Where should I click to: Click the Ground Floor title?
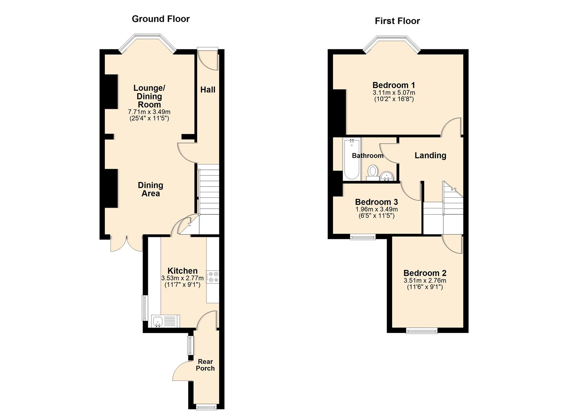click(x=161, y=19)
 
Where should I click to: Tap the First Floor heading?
click(x=397, y=21)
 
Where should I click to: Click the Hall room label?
click(x=208, y=90)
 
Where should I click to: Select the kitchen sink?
click(x=166, y=321)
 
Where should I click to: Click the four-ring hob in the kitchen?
click(x=213, y=277)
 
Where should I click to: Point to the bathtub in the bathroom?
click(x=352, y=159)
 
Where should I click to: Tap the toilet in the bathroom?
click(x=372, y=172)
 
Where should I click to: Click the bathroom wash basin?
click(x=387, y=176)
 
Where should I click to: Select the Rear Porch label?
click(x=205, y=365)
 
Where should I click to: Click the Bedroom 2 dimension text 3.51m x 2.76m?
click(x=425, y=280)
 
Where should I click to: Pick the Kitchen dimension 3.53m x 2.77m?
click(x=182, y=278)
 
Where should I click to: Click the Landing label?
click(x=430, y=155)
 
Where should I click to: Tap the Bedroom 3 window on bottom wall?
click(x=363, y=237)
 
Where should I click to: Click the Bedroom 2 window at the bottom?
click(x=422, y=331)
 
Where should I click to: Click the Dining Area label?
click(x=151, y=189)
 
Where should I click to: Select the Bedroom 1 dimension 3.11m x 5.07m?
click(x=394, y=93)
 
